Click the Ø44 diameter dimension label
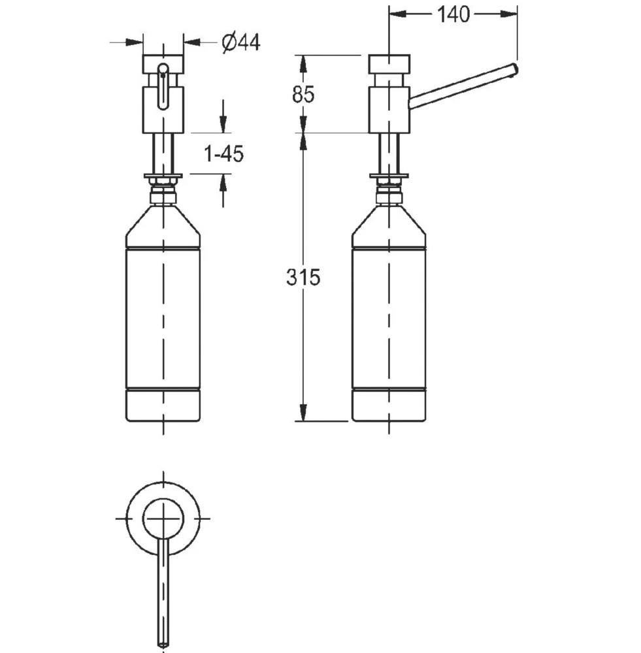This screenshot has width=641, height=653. pyautogui.click(x=241, y=42)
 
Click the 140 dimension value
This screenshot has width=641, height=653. pyautogui.click(x=453, y=14)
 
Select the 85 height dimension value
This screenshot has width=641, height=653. pyautogui.click(x=303, y=95)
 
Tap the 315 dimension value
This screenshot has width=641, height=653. pyautogui.click(x=303, y=278)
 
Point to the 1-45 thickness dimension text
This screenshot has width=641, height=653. pyautogui.click(x=224, y=154)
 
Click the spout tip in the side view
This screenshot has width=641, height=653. pyautogui.click(x=514, y=70)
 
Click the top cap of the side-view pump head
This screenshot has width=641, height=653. pyautogui.click(x=389, y=64)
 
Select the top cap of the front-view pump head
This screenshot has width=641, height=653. pyautogui.click(x=163, y=64)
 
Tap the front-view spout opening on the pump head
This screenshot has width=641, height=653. pyautogui.click(x=163, y=86)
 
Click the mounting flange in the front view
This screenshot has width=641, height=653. pyautogui.click(x=163, y=176)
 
